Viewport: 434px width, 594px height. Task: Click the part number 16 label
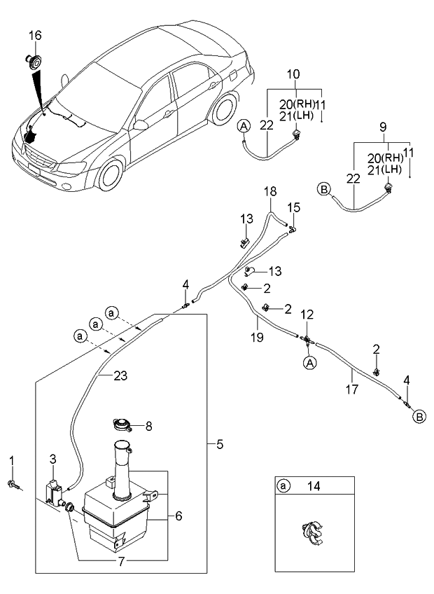tap(35, 36)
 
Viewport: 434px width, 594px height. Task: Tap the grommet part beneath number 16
tap(33, 60)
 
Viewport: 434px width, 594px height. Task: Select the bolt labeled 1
tap(13, 483)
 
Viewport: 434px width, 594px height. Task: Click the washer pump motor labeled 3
tap(51, 489)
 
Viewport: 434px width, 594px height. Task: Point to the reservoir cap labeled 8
tap(123, 424)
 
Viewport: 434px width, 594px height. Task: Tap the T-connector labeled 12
tap(307, 340)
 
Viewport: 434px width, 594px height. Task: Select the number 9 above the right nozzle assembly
tap(381, 128)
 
